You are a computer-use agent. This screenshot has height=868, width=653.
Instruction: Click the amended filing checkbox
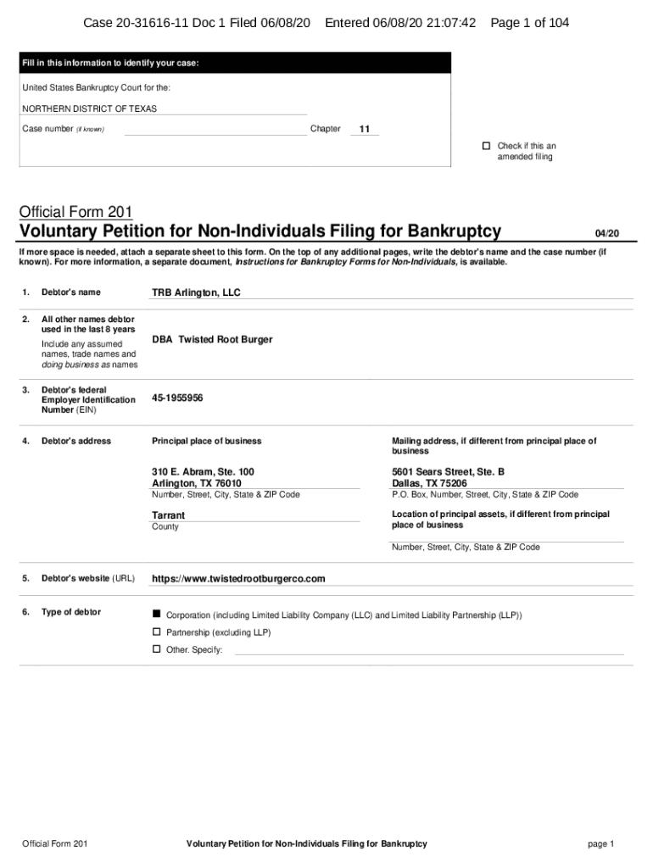487,146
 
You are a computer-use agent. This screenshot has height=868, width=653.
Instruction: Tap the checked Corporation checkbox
156,613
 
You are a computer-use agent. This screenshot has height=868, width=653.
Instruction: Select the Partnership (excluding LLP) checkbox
156,632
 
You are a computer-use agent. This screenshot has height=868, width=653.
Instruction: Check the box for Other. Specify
156,648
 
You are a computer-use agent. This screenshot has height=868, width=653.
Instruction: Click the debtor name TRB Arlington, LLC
196,292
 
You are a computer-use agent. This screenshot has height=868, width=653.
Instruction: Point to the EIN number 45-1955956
177,398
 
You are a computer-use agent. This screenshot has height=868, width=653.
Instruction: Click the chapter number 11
365,130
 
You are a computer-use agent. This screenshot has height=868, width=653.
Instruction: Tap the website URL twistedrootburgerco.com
238,579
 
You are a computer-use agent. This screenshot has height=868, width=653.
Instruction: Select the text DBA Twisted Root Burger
212,339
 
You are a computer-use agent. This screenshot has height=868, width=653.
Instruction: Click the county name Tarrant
168,515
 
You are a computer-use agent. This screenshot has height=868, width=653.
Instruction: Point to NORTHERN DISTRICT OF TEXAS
89,108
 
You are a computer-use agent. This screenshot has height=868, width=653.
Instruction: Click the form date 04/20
607,233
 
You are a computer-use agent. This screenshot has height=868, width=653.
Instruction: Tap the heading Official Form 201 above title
75,211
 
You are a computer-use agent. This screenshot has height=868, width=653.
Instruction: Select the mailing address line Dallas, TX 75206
429,483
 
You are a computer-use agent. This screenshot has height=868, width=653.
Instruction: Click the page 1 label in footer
600,843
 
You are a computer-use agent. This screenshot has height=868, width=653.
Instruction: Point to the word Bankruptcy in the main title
454,231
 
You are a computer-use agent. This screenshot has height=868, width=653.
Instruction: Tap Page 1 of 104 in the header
529,23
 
